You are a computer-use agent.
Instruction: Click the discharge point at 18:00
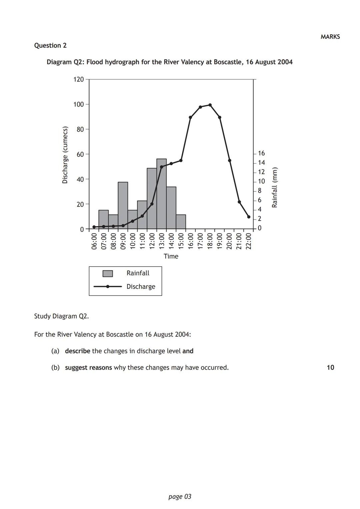point(210,105)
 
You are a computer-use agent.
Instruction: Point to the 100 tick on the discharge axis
point(79,104)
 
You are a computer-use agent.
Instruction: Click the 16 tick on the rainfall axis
point(261,153)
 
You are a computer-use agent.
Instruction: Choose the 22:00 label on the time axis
point(248,241)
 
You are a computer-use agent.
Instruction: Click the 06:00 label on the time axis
point(94,241)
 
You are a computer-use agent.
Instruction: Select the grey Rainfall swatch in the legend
point(108,274)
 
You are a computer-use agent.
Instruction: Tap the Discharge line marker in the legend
point(108,287)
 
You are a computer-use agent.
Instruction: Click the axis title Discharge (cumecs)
point(65,155)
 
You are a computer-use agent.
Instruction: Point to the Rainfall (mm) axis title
point(275,188)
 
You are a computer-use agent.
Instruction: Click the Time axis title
point(171,256)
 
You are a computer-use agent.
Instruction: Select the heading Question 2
point(50,46)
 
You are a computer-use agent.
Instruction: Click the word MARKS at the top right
point(330,37)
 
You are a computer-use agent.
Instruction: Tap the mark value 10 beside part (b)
point(330,368)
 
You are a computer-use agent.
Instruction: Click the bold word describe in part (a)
point(78,351)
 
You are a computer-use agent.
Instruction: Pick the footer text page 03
point(180,497)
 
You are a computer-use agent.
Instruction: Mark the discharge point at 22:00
point(249,217)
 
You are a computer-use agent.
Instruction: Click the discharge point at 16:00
point(190,117)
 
